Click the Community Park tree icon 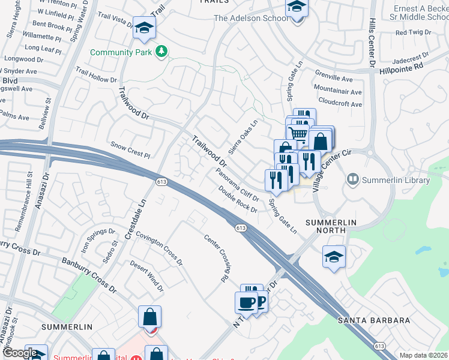point(161,52)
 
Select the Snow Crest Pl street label point(130,150)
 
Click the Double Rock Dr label point(238,200)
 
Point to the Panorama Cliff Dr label point(237,184)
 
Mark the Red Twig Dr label point(409,32)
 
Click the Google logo point(20,353)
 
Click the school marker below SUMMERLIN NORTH point(334,256)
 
